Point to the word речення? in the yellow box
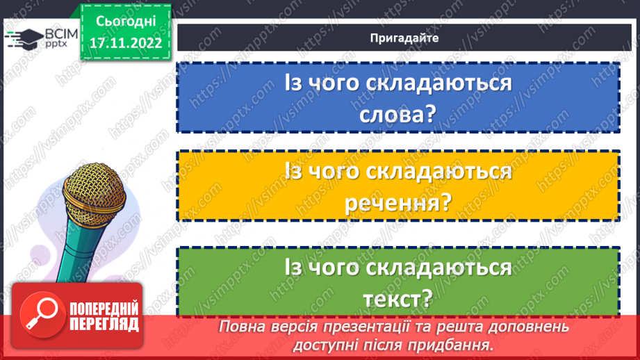tap(398, 204)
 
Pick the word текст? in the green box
tap(398, 299)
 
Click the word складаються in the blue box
tap(436, 84)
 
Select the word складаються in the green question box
tap(436, 268)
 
